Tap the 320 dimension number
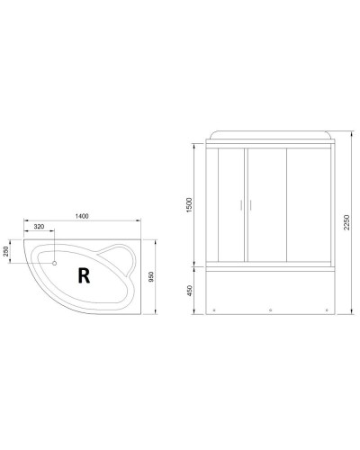coord(40,228)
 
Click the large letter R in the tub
coord(84,275)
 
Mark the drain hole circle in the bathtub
coord(55,264)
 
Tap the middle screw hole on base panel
coord(271,312)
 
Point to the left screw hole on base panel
coord(216,312)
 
